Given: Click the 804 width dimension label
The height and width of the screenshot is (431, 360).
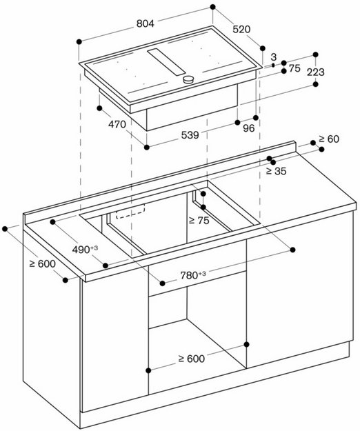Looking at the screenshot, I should pos(145,23).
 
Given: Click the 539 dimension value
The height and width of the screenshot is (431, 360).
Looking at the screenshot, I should pos(190,135).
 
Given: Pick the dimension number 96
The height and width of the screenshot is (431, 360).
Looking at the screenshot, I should pos(248,127).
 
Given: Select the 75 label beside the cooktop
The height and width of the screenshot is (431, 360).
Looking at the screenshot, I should pos(295,68).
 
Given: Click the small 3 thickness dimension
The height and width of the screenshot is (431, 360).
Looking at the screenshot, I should pos(274,57).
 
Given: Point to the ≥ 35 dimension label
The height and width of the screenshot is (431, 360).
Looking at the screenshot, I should pos(276,171).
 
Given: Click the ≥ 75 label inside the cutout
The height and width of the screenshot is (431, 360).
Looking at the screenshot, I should pos(199,221).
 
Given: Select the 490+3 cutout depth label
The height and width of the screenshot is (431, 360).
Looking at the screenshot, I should pos(85,249).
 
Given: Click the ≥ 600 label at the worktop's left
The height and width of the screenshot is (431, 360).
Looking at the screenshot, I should pos(41,264).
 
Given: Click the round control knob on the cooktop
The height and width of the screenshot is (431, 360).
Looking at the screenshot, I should pos(188,81).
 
